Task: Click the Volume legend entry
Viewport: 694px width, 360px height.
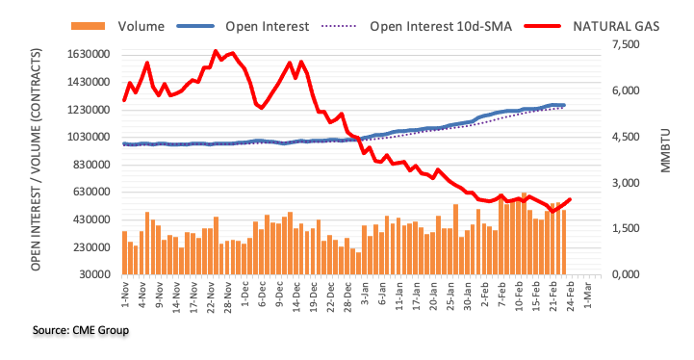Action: coord(118,27)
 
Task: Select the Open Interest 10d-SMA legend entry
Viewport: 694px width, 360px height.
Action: coord(417,27)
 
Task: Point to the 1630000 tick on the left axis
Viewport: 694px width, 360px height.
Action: coord(89,55)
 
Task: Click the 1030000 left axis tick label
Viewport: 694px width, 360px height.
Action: coord(89,137)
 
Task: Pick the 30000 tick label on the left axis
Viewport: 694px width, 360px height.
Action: coord(94,274)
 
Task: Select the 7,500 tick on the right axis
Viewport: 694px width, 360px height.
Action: coord(626,44)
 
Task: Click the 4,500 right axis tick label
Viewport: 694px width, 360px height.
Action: coord(626,137)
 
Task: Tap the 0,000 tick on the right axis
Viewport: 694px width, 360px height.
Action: coord(626,274)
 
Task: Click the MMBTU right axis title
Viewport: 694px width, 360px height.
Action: coord(665,150)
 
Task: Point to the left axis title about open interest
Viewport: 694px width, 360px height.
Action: coord(36,160)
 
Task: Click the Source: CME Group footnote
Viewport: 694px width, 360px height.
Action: coord(81,330)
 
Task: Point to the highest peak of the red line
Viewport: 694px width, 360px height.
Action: coord(216,51)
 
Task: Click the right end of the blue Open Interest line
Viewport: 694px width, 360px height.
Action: coord(564,105)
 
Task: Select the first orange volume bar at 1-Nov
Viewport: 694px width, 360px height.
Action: coord(125,253)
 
